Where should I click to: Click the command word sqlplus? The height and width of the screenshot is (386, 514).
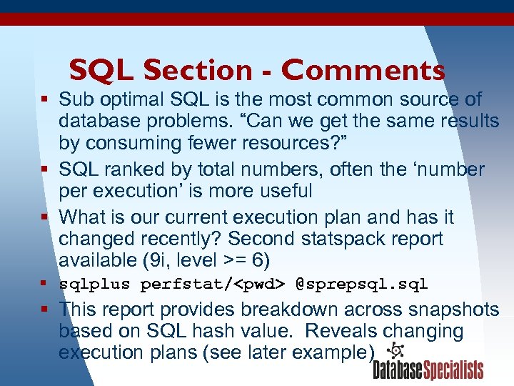coord(95,284)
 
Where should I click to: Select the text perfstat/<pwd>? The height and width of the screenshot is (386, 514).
coord(213,284)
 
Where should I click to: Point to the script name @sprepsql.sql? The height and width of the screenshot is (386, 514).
coord(362,284)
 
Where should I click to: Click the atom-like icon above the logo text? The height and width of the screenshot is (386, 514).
coord(395,350)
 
